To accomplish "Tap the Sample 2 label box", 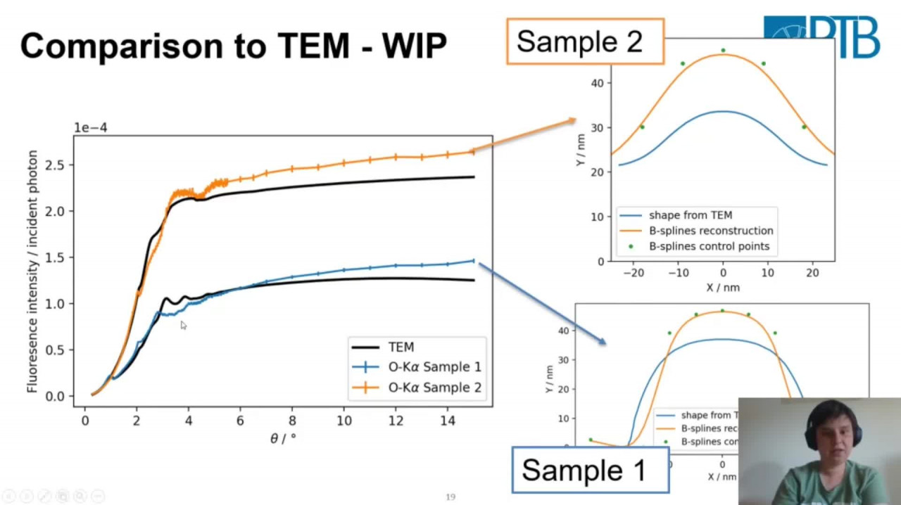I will [584, 41].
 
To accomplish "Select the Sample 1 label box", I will [590, 470].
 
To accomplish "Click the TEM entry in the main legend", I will [401, 347].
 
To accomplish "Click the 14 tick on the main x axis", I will [448, 421].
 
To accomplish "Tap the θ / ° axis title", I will [283, 438].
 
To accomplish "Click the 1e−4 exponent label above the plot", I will [91, 127].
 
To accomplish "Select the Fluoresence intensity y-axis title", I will [32, 271].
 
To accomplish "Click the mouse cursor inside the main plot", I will [183, 325].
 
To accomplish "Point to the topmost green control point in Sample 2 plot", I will [723, 51].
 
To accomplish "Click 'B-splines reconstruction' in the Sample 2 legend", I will [710, 231].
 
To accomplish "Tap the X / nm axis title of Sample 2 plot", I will [723, 288].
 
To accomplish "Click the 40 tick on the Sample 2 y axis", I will [598, 83].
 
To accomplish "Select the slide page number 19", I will [450, 497].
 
